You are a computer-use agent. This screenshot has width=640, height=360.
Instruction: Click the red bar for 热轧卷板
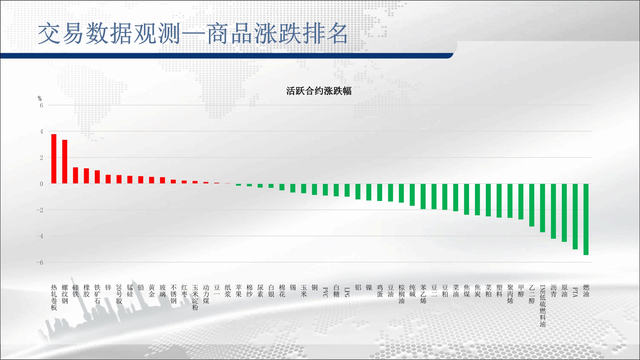pos(54,159)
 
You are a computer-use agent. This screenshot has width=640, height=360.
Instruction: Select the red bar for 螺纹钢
pos(65,162)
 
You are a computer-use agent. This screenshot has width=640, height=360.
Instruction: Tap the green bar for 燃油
pos(586,219)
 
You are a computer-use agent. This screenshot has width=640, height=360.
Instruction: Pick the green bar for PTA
pos(575,216)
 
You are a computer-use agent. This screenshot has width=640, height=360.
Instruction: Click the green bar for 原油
pos(564,213)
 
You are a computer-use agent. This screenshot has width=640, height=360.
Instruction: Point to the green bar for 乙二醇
pos(532,205)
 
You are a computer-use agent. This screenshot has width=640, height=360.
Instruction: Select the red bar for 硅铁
pos(76,175)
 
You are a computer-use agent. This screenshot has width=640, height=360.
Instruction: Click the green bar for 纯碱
pos(412,195)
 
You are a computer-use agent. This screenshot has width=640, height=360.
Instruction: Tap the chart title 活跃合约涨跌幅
pos(319,91)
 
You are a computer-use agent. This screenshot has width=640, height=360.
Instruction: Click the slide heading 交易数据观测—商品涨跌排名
pos(193,33)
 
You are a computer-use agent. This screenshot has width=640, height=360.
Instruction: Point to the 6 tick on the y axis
pos(41,105)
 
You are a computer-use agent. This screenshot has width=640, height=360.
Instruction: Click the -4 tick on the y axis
pos(40,236)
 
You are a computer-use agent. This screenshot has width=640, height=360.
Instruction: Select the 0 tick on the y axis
pos(41,184)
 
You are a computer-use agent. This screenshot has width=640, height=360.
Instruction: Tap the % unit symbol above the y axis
pos(40,98)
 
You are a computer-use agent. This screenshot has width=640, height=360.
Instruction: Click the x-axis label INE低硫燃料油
pos(543,306)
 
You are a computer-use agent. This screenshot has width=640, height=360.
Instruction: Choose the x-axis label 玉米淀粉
pos(195,297)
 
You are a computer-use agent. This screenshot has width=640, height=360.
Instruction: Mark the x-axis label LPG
pos(347,292)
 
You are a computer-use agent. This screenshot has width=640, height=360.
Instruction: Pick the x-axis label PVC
pos(325,292)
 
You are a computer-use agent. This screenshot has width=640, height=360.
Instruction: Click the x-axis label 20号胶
pos(119,294)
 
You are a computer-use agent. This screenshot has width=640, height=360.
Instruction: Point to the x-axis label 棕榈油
pos(401,294)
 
